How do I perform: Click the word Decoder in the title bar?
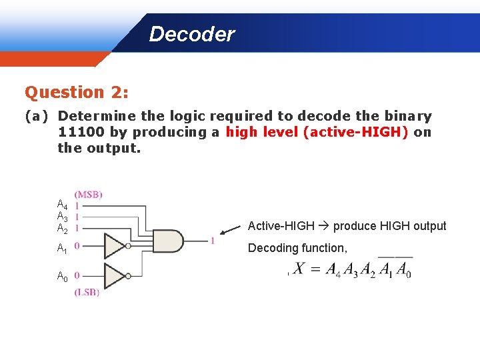191,34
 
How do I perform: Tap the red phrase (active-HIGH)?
355,132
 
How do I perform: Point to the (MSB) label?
89,194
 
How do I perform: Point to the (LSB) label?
87,292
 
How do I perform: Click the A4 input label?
61,204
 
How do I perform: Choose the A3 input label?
61,216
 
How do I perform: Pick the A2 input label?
61,228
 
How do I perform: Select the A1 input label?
61,249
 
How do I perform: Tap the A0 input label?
61,276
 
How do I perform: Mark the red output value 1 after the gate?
212,241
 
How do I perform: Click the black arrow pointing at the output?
230,229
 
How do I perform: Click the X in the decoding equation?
299,269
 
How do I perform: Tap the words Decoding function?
297,248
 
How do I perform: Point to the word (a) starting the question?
37,116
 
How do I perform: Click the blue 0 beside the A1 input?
77,246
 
